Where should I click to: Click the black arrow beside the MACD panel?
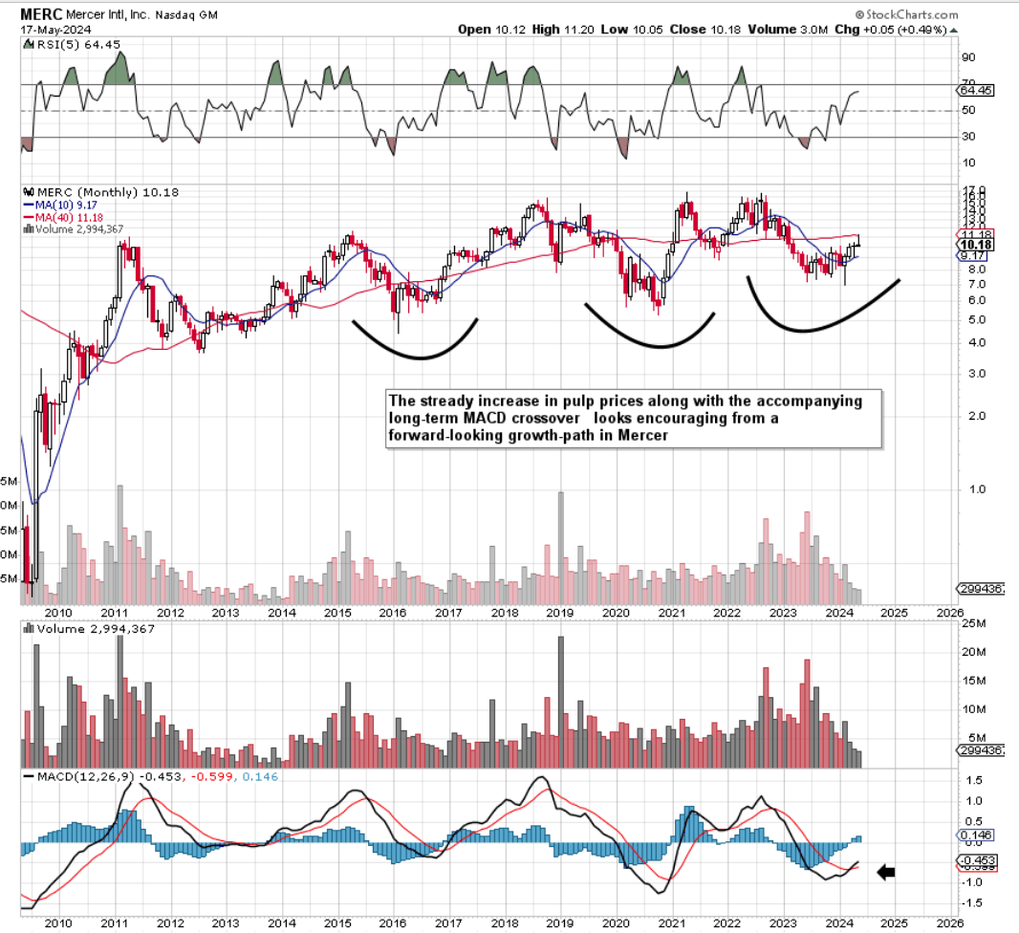click(887, 871)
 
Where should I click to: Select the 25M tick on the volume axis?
click(974, 624)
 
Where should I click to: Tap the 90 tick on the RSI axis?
click(967, 56)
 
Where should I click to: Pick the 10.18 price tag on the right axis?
click(975, 245)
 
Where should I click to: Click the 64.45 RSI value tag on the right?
click(975, 90)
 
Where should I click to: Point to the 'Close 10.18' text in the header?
click(702, 30)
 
